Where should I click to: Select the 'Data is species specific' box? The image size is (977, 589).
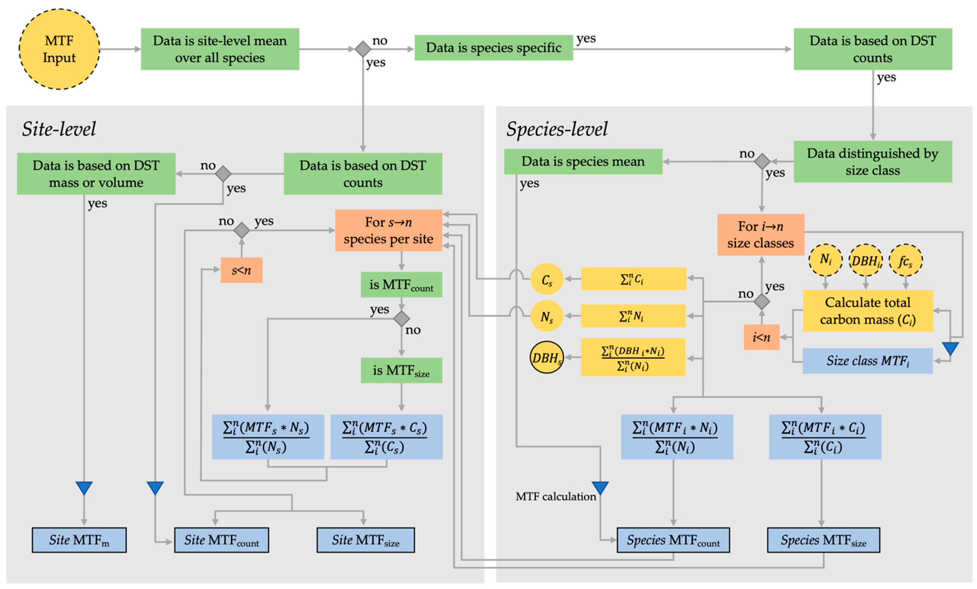coord(493,47)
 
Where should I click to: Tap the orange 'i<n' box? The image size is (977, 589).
coord(761,337)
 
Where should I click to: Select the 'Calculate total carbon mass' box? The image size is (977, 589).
coord(868,311)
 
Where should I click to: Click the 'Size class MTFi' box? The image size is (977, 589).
coord(868,361)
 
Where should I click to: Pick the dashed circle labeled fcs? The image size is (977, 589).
coord(906,261)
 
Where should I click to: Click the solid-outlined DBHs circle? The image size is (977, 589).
coord(546,358)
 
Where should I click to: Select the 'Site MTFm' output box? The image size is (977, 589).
coord(79,540)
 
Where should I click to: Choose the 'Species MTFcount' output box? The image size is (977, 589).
coord(673,540)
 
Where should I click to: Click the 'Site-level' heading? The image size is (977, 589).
coord(59,129)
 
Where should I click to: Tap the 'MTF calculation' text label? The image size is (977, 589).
coord(555,496)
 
